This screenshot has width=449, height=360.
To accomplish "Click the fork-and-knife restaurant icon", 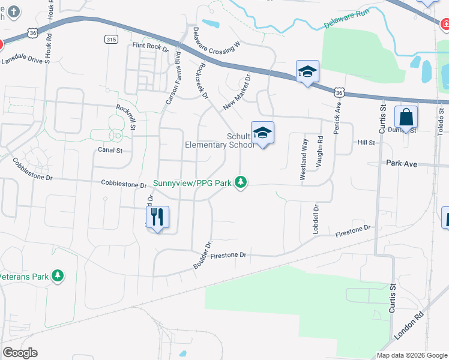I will [157, 217].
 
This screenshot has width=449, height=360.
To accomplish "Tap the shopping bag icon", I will [406, 118].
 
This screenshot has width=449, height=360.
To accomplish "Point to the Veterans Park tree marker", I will [58, 276].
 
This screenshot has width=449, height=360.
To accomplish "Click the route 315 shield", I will [110, 40].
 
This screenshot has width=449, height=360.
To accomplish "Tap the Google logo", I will [20, 353].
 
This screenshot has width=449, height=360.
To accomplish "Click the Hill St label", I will [366, 143].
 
